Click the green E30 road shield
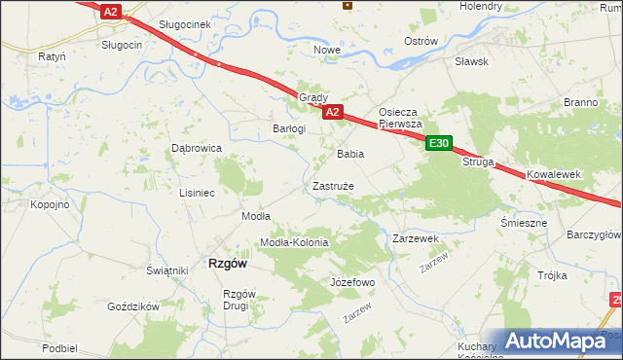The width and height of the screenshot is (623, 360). [439, 143]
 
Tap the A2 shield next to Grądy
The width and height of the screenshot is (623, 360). [332, 112]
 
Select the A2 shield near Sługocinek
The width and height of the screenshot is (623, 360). [111, 12]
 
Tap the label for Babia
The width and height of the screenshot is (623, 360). [350, 154]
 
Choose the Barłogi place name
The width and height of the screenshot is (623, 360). [289, 128]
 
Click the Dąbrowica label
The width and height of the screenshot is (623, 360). [198, 148]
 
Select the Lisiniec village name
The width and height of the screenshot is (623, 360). [196, 193]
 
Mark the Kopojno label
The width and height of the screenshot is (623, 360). [49, 204]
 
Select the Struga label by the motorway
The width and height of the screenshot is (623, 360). [479, 162]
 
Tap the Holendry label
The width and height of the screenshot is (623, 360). [481, 6]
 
